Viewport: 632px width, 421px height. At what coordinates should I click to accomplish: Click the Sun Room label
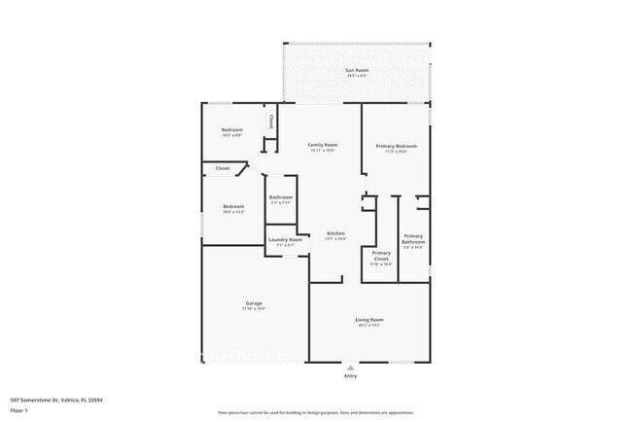[x=357, y=70]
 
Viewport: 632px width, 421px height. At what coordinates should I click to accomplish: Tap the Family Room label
[x=323, y=145]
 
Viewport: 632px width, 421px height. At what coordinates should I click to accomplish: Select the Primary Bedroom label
[x=396, y=146]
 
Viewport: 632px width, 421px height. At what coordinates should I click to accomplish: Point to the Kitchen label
[x=335, y=233]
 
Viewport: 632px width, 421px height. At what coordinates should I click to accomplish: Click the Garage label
[x=253, y=303]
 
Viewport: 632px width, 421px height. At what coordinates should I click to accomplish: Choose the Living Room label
[x=369, y=320]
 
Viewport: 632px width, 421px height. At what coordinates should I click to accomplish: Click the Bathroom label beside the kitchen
[x=281, y=197]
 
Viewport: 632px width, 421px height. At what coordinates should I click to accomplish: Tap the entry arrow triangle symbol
[x=350, y=367]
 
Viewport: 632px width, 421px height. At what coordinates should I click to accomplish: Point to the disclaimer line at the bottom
[x=315, y=412]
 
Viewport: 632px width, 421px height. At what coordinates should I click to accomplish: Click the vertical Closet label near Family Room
[x=270, y=122]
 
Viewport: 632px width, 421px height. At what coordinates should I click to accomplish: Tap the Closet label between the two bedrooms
[x=223, y=168]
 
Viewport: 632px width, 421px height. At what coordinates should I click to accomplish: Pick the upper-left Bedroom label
[x=231, y=130]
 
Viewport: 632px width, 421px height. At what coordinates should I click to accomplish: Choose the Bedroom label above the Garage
[x=233, y=206]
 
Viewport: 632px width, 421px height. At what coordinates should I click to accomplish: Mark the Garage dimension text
[x=253, y=309]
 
